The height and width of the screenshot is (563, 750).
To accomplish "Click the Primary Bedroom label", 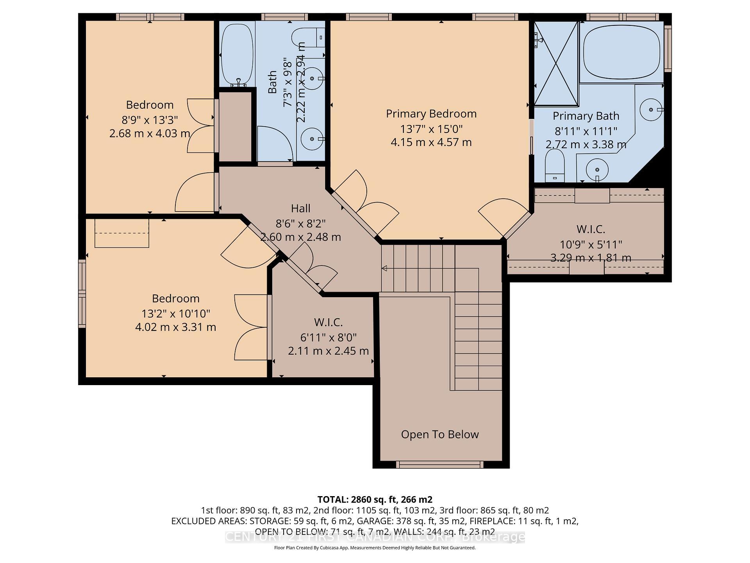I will coord(431,114).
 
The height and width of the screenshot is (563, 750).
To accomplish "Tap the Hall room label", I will coord(300,208).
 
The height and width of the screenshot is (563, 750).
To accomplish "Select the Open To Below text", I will coord(440,434).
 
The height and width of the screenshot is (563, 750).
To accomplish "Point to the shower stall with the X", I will coord(556,63).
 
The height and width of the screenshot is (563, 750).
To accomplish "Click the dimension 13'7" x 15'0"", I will coord(431,129).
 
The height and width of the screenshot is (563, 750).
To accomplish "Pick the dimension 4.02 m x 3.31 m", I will coord(175,327).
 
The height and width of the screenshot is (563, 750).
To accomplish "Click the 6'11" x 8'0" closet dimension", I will coord(328,337).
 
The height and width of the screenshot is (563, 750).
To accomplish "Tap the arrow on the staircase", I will coord(384,268).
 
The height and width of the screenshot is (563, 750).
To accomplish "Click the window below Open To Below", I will coord(440,464).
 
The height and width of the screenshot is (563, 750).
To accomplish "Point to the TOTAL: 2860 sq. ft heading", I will coord(375,499).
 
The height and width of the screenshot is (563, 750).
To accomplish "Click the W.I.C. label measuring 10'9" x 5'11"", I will coord(590,229).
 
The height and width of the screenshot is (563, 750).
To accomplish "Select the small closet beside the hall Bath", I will coord(235,127).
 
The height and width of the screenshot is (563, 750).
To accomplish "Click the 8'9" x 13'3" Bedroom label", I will coord(150,105).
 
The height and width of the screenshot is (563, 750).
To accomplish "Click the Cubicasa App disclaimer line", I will coord(375,548).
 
